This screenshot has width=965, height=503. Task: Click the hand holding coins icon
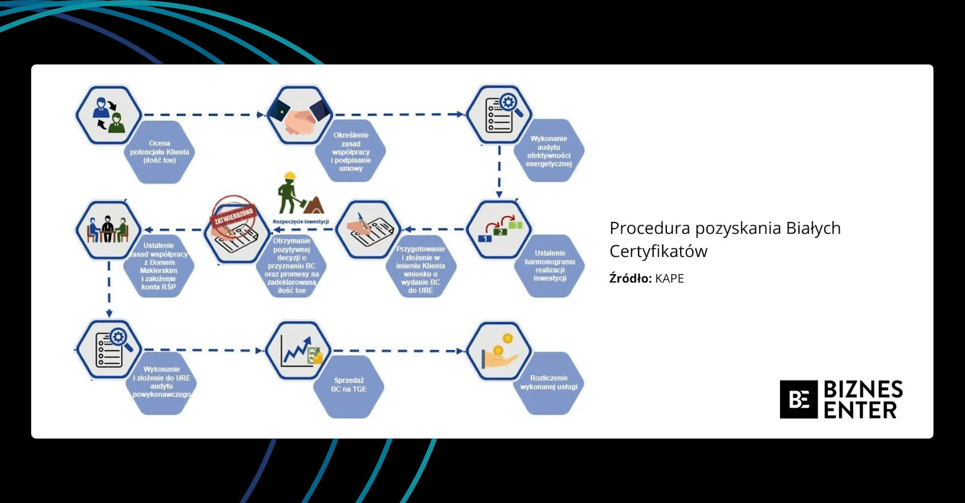coord(499,351)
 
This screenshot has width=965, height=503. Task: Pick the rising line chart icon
coord(299,350)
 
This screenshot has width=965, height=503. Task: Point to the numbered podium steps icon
coord(499,228)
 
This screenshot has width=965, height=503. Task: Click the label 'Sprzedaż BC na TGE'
coord(349,385)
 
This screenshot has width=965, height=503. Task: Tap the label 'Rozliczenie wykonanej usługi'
coord(549,382)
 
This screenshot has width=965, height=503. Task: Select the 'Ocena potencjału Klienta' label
coord(160,152)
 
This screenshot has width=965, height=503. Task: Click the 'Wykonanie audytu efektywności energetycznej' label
coord(549,151)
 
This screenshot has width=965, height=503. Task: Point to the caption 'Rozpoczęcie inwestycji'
coord(300,222)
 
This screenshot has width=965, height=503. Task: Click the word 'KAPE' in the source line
coord(669,279)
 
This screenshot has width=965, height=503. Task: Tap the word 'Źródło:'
coord(630,279)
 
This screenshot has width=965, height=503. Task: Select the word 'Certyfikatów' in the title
coord(658,252)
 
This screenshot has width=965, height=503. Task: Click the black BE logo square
coord(798,400)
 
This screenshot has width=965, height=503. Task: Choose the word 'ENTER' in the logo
coord(860,410)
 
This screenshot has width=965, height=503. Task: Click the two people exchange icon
coord(109,114)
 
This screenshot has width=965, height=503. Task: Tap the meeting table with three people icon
coord(108,229)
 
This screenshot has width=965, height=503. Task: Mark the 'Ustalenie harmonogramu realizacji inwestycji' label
coord(550,266)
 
